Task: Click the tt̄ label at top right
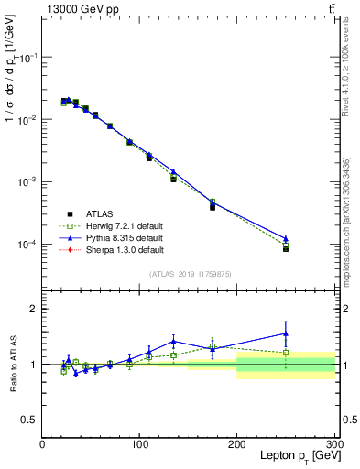329,8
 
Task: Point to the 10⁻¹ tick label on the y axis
28,57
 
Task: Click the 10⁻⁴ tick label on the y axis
28,245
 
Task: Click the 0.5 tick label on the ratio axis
29,420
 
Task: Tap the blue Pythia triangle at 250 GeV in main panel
286,238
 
